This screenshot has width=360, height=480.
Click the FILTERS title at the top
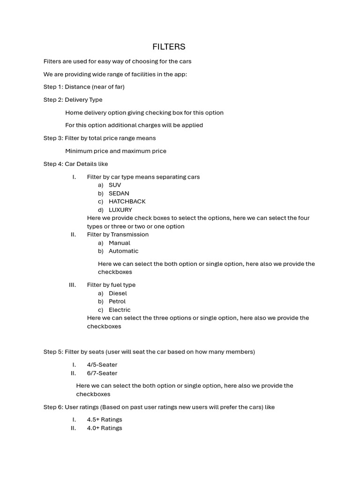pos(169,47)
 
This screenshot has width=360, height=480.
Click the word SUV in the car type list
pos(115,185)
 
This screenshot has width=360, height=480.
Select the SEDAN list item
pos(119,194)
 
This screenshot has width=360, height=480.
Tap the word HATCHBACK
pos(127,202)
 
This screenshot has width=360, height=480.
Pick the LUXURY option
pos(120,210)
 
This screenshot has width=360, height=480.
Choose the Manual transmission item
pos(120,243)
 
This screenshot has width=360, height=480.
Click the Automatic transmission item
pos(123,251)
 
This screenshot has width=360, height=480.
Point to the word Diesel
pos(118,293)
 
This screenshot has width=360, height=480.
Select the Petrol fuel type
pos(117,301)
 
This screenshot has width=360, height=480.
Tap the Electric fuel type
pos(120,310)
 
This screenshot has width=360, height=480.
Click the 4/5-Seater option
pos(102,365)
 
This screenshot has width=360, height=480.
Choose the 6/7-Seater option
pos(102,373)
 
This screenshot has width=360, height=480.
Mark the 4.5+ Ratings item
pos(105,420)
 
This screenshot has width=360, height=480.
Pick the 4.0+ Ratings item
pos(105,428)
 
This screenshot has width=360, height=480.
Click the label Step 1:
pos(53,87)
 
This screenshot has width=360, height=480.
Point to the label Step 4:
pos(53,164)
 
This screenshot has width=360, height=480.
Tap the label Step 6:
pos(53,407)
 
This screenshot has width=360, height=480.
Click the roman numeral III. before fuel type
pos(72,285)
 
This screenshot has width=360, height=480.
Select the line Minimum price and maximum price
pos(116,151)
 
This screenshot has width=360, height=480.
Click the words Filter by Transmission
pos(118,234)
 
